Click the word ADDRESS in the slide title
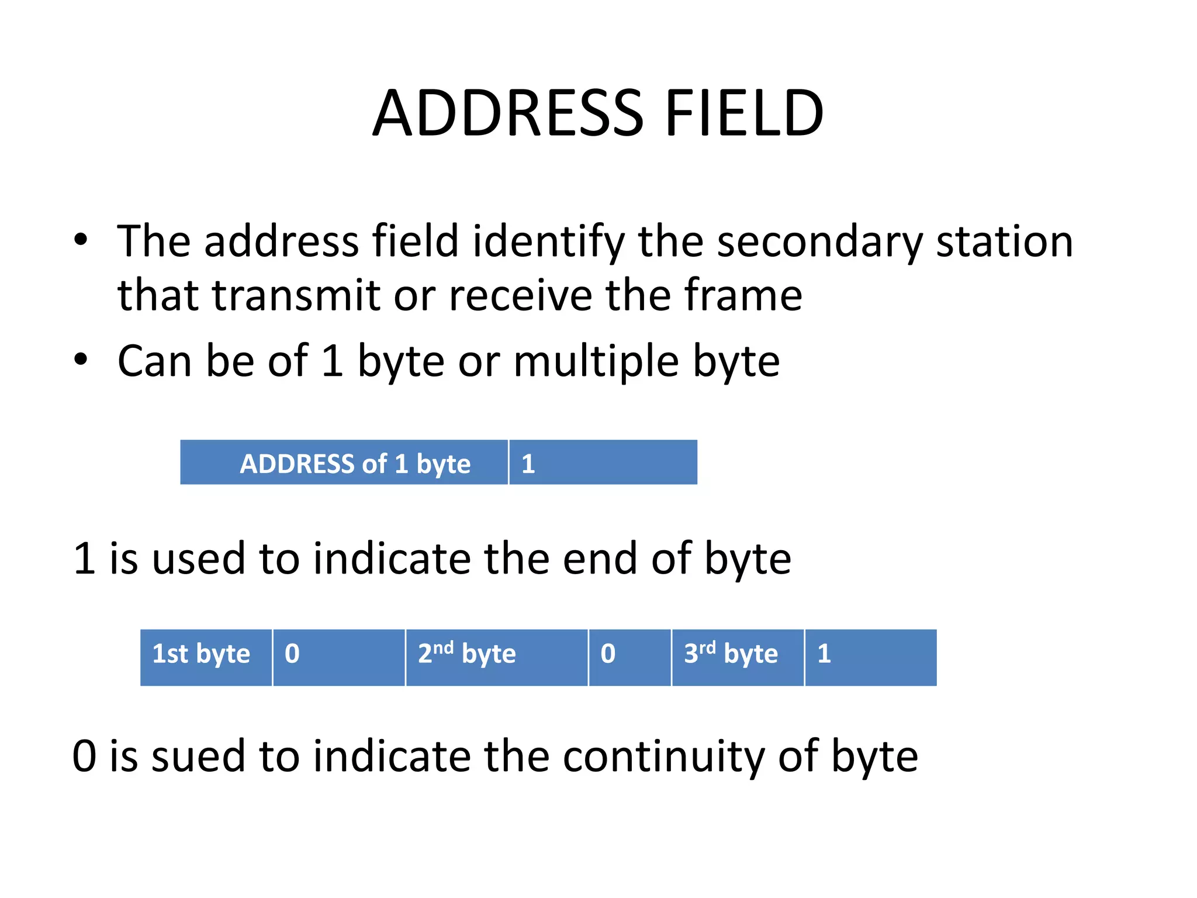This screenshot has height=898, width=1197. [508, 113]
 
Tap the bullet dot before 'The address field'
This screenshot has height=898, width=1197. [81, 240]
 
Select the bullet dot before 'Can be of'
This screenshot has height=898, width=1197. [81, 360]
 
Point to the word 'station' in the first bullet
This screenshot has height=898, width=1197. [1004, 241]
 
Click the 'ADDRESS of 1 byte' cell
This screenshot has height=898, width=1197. [344, 463]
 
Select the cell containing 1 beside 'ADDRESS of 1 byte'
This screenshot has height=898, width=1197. [603, 463]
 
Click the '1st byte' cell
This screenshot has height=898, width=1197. [206, 657]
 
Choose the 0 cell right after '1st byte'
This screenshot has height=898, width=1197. [338, 657]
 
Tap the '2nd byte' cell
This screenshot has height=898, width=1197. [496, 657]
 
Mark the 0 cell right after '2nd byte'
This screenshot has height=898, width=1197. [629, 657]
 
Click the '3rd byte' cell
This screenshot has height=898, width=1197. [738, 657]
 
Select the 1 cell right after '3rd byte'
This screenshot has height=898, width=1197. [870, 657]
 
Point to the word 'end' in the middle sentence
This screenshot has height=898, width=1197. [599, 559]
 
